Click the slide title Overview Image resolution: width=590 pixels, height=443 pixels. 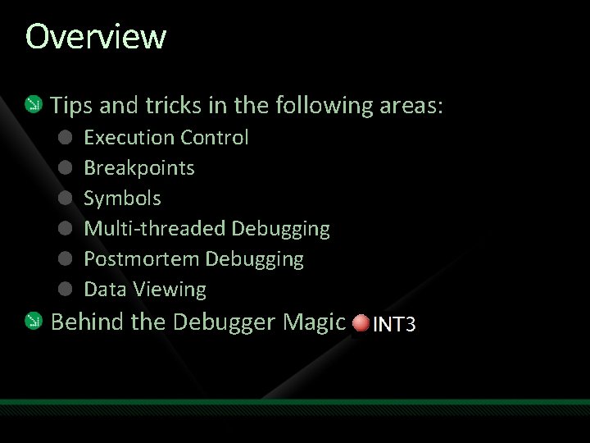coord(95,37)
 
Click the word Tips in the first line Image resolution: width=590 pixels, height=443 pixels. coord(70,106)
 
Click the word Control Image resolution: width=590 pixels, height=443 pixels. coord(215,138)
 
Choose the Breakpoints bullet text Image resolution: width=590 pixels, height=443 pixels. coord(139,168)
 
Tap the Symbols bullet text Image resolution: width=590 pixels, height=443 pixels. coord(122,199)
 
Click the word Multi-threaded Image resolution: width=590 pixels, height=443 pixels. coord(155,229)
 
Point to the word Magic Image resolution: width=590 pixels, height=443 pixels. coord(314,322)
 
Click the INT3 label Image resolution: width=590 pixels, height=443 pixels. coord(395,325)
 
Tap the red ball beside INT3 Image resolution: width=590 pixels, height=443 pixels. coord(361,324)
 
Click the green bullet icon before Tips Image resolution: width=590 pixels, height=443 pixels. coord(34,105)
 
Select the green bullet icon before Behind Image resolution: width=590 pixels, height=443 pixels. coord(34,322)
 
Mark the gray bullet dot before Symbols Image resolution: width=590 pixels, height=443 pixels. coord(66,199)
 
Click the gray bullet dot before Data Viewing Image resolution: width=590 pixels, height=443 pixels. coord(66,290)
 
